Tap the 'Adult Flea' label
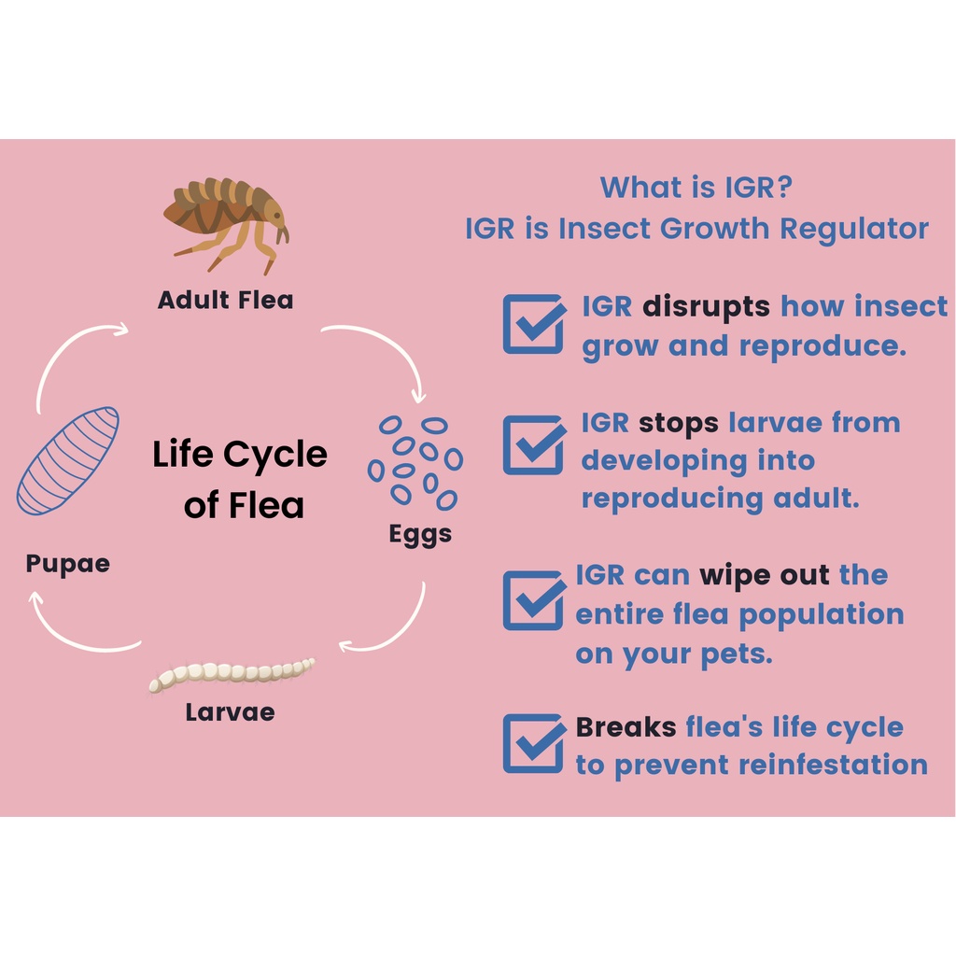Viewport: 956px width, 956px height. tap(226, 300)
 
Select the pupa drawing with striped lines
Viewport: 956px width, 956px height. tap(67, 461)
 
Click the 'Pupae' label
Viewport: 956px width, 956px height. tap(67, 563)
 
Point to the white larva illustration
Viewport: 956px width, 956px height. tap(232, 673)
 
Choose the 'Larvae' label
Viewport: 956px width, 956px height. tap(230, 712)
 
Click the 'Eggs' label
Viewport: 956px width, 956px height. tap(420, 535)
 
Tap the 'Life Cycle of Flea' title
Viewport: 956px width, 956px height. tap(240, 479)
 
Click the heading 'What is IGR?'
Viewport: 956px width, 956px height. tap(696, 187)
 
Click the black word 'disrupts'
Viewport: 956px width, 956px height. tap(706, 306)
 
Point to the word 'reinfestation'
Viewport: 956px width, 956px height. tap(833, 765)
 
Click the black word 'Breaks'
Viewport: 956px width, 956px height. tap(626, 726)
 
